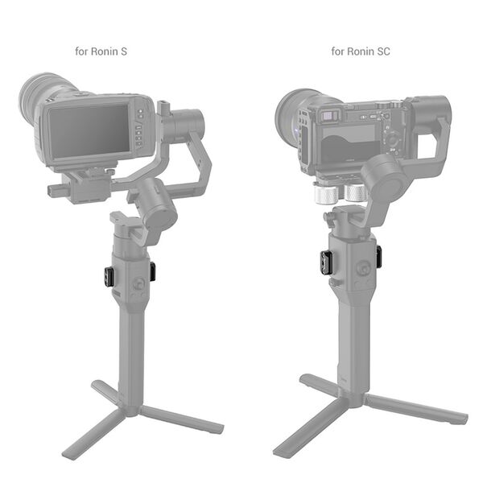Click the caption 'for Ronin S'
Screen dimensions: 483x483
[x=101, y=52]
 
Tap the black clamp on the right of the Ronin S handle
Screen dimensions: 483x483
[x=152, y=271]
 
